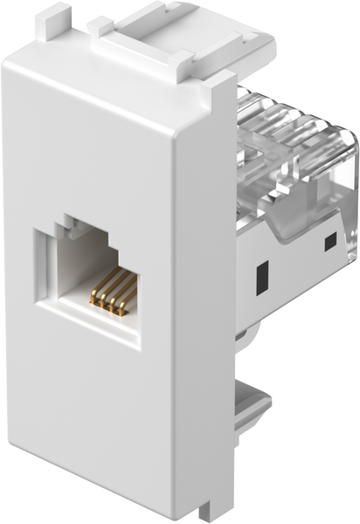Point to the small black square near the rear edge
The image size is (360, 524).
pos(329,242)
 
